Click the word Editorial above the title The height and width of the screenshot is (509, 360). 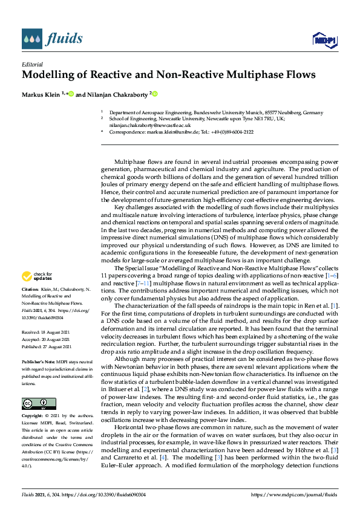pos(32,63)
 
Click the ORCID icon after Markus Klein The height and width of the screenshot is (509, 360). pos(71,94)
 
